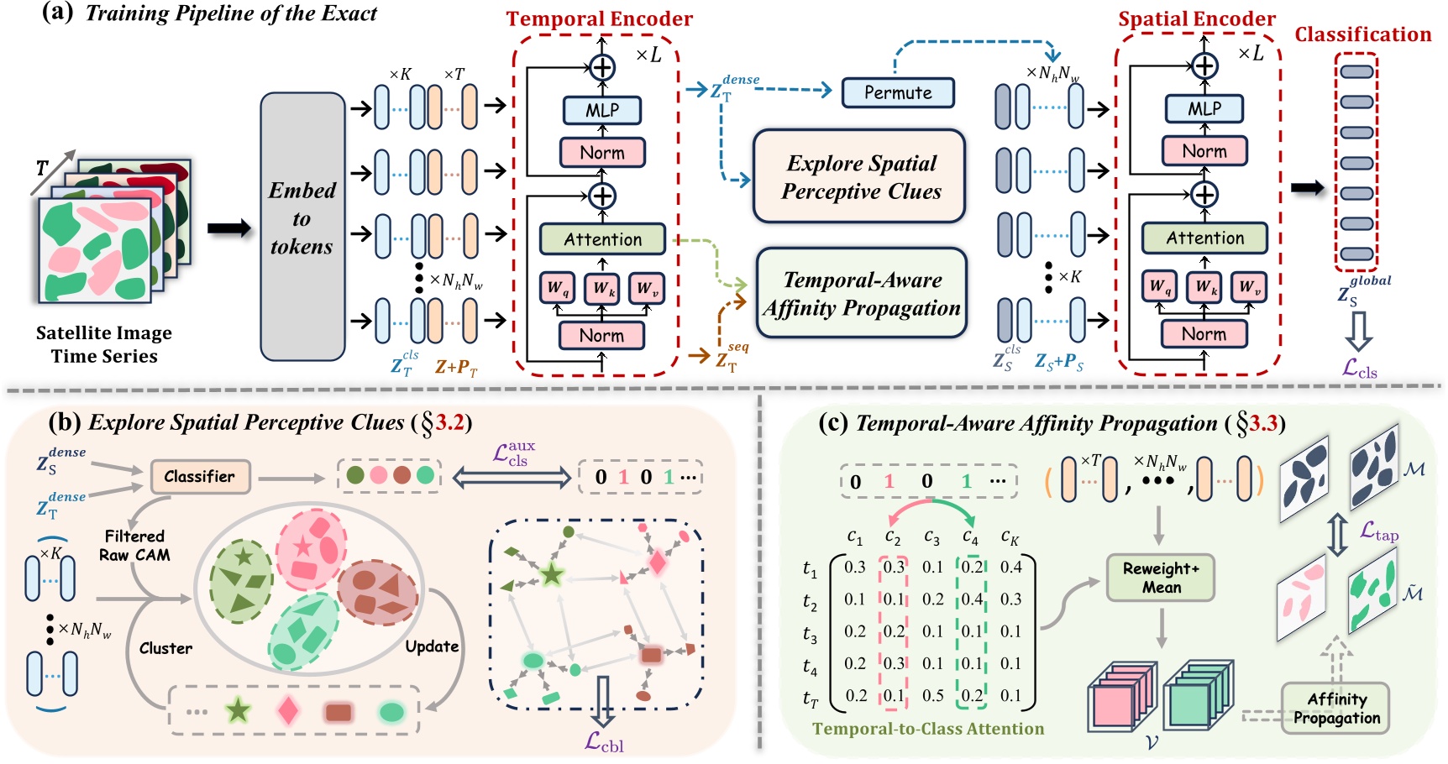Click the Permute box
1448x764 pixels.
pos(898,92)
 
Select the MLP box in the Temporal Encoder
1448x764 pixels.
pos(602,110)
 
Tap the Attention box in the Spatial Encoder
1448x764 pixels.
pos(1204,238)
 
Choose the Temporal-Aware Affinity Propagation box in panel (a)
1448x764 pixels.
pos(862,294)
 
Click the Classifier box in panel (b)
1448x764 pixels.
pos(200,477)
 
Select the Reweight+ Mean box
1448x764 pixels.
pos(1161,578)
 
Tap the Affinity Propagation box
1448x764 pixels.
pos(1336,709)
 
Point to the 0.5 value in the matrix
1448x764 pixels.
pos(932,695)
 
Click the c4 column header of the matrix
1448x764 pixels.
pos(970,536)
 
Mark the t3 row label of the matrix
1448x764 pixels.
pos(809,635)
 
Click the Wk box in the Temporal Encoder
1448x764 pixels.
pos(602,288)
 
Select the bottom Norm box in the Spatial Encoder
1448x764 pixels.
pos(1204,334)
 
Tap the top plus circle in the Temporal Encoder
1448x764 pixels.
pos(602,67)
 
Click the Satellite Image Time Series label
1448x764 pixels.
pos(104,344)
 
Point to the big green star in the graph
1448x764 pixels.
pos(552,575)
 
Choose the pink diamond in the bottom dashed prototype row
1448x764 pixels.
pos(288,711)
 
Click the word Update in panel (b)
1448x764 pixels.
pos(432,646)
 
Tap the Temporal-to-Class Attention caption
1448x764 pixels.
pos(928,729)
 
